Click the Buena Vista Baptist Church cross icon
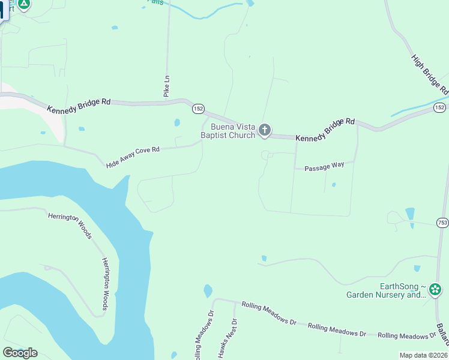click(x=265, y=130)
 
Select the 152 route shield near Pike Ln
click(x=199, y=109)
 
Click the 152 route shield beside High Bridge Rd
click(x=439, y=107)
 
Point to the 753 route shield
click(x=442, y=222)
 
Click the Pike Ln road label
click(x=167, y=86)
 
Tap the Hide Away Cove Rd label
click(x=133, y=157)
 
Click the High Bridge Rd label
click(x=430, y=74)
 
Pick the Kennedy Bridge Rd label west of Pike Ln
click(x=79, y=105)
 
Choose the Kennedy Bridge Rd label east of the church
click(x=325, y=129)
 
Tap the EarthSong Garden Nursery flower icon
click(x=435, y=290)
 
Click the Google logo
click(x=20, y=352)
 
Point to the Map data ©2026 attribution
click(x=423, y=355)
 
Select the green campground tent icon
click(x=23, y=4)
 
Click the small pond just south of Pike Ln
click(x=176, y=123)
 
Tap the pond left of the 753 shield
click(x=409, y=214)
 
